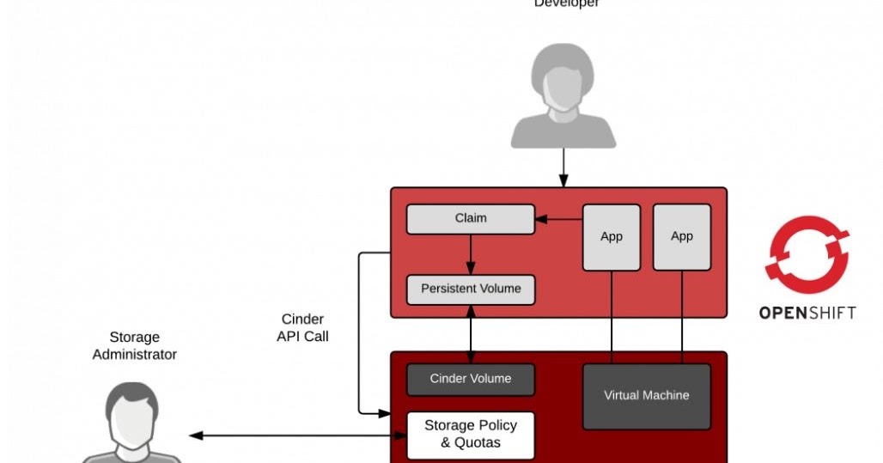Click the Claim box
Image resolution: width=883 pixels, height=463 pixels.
(x=470, y=218)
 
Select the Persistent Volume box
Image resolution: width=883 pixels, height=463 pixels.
(x=470, y=289)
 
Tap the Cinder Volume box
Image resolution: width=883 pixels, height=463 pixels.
(x=470, y=379)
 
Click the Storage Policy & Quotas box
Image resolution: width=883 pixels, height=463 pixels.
(x=470, y=435)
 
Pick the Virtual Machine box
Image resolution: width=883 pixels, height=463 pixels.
(x=646, y=396)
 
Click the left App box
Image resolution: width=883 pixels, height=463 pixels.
(x=612, y=237)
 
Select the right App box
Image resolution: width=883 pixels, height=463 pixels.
(x=681, y=237)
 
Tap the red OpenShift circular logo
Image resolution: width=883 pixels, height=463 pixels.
(x=807, y=250)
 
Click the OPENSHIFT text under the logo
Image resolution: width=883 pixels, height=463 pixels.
(x=807, y=313)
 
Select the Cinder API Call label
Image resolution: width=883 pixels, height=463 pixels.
(x=302, y=328)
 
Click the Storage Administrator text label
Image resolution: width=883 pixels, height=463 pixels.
(x=135, y=346)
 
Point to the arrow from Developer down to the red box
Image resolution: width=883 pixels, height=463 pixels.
(x=563, y=168)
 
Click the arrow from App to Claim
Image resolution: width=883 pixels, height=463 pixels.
(x=558, y=219)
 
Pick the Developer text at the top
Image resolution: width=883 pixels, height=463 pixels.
(x=567, y=3)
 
